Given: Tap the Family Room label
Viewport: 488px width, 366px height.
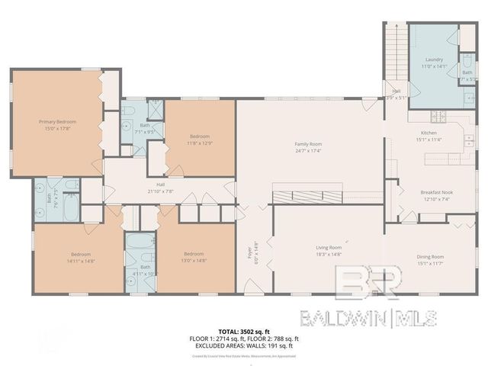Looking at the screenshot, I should [x=309, y=144].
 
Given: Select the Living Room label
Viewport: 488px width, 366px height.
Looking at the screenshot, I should [x=329, y=248].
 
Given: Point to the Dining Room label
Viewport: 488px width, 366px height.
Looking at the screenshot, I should [x=430, y=257].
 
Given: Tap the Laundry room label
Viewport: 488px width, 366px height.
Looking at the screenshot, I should [x=433, y=59].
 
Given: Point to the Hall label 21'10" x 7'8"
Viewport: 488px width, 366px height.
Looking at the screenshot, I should [x=161, y=187].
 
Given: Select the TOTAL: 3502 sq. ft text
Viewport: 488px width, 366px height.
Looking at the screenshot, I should [x=244, y=332].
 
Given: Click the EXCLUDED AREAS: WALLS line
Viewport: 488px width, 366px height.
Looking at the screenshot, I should [x=244, y=345].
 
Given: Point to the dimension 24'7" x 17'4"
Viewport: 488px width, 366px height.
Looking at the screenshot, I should [x=309, y=150].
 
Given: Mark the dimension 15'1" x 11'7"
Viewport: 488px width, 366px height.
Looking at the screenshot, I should [x=430, y=263].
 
